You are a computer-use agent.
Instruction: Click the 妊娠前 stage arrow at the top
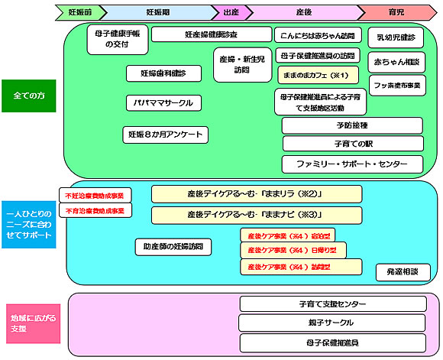coord(79,12)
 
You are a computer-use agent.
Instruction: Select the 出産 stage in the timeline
coord(230,12)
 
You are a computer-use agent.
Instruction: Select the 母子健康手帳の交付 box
coord(117,40)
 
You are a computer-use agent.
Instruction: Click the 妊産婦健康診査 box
coord(210,34)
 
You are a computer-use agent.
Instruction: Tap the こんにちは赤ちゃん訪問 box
coord(317,34)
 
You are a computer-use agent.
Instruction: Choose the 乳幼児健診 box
coord(396,37)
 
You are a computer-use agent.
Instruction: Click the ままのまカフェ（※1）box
coord(317,75)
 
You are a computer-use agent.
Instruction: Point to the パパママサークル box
coord(164,102)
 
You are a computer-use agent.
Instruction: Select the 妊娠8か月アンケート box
coord(164,135)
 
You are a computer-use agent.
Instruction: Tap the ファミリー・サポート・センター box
coord(352,164)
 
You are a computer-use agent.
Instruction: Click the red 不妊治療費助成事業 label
coord(95,194)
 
